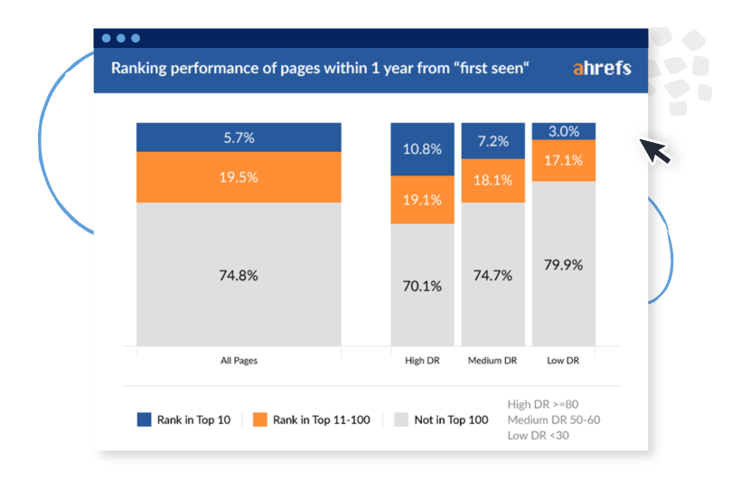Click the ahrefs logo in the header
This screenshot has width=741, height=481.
[x=602, y=68]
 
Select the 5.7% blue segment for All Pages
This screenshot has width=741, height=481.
[x=239, y=137]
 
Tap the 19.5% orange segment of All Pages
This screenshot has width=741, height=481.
[x=239, y=177]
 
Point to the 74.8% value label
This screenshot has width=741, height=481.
[x=239, y=276]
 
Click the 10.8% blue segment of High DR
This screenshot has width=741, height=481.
[x=422, y=149]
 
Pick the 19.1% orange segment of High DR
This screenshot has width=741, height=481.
[x=422, y=200]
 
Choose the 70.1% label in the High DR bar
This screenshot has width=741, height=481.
[x=422, y=286]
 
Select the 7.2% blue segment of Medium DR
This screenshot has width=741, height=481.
[x=492, y=141]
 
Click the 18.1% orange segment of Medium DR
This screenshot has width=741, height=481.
[x=492, y=180]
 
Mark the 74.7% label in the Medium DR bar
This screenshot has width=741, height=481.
[x=492, y=276]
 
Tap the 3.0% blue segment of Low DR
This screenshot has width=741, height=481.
[x=563, y=131]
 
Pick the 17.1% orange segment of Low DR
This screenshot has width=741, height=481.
[x=563, y=160]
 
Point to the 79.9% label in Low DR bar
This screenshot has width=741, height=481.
[x=563, y=265]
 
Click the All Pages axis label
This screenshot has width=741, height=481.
[x=239, y=361]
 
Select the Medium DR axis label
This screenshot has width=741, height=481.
[x=492, y=361]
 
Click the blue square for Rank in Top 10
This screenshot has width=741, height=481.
[x=144, y=420]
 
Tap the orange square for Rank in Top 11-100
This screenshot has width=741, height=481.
[x=260, y=420]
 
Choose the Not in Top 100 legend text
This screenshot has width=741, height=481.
[x=451, y=420]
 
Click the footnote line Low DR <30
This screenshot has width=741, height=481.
[x=539, y=436]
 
